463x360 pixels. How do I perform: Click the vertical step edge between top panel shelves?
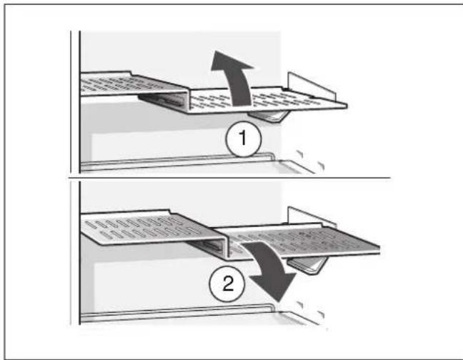tap(186, 99)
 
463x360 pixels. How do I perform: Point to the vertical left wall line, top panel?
tap(78, 100)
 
